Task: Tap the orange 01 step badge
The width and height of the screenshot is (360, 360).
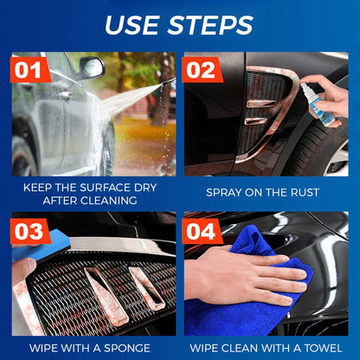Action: pyautogui.click(x=29, y=70)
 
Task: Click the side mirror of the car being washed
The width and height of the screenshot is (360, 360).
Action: pyautogui.click(x=90, y=67)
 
